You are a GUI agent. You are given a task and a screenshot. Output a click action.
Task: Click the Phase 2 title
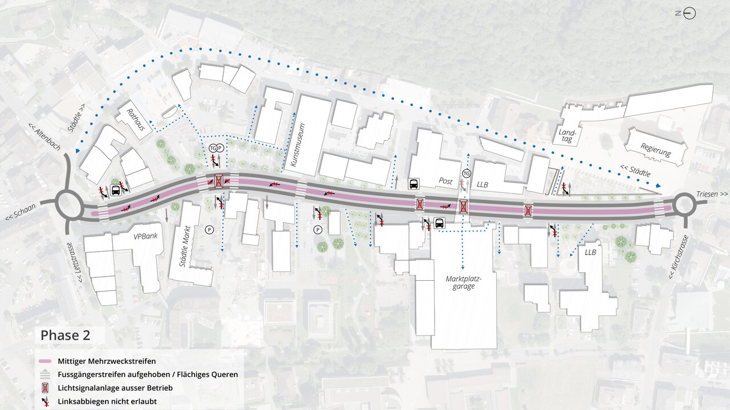[65, 335]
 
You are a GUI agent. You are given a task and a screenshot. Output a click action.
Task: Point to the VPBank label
[145, 237]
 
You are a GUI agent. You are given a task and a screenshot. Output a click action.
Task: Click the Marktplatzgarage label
[464, 282]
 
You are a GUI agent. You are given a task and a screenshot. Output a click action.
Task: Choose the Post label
[445, 181]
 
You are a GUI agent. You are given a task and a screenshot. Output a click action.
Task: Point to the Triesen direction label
[712, 194]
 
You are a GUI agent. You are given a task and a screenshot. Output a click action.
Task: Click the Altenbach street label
[43, 139]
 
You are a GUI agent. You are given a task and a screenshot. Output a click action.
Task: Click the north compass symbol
[689, 13]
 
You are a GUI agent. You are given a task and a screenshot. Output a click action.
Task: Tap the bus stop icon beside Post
[413, 183]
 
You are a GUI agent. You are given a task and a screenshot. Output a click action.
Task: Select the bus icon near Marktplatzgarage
[439, 223]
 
